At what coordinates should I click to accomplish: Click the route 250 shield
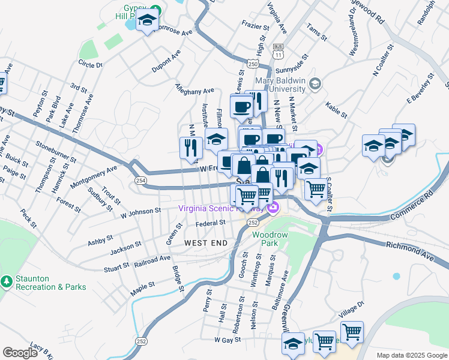252,64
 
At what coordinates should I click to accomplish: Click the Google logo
20,353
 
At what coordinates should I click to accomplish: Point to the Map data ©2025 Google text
411,355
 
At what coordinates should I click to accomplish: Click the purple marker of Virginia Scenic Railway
274,208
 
